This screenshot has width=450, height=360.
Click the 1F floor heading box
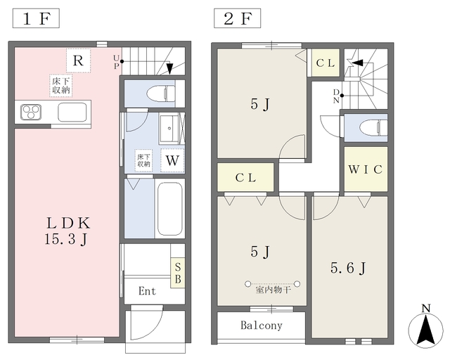(x=36, y=18)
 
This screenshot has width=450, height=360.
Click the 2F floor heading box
(x=238, y=18)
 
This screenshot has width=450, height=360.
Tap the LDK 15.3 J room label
(x=67, y=231)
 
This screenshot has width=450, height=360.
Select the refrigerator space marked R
(x=78, y=60)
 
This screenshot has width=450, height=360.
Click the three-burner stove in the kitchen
(x=31, y=112)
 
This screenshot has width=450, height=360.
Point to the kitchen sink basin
(x=72, y=112)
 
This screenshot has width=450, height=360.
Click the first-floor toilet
(x=161, y=94)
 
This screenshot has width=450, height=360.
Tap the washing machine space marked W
(x=172, y=160)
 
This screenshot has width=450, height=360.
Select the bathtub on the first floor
(x=170, y=209)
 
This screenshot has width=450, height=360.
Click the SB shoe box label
(x=178, y=273)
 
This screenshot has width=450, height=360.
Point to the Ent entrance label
(x=147, y=291)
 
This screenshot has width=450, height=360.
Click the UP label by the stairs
(x=116, y=62)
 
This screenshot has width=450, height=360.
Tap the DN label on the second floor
(x=336, y=96)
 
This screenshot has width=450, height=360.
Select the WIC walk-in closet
(x=366, y=169)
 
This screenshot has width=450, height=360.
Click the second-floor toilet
(x=373, y=128)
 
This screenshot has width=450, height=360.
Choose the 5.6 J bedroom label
(x=348, y=268)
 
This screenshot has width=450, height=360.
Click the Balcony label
(x=261, y=326)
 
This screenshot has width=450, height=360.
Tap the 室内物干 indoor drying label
(x=273, y=290)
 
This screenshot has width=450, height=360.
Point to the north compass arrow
(x=426, y=329)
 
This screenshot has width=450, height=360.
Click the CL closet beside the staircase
(x=326, y=63)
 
